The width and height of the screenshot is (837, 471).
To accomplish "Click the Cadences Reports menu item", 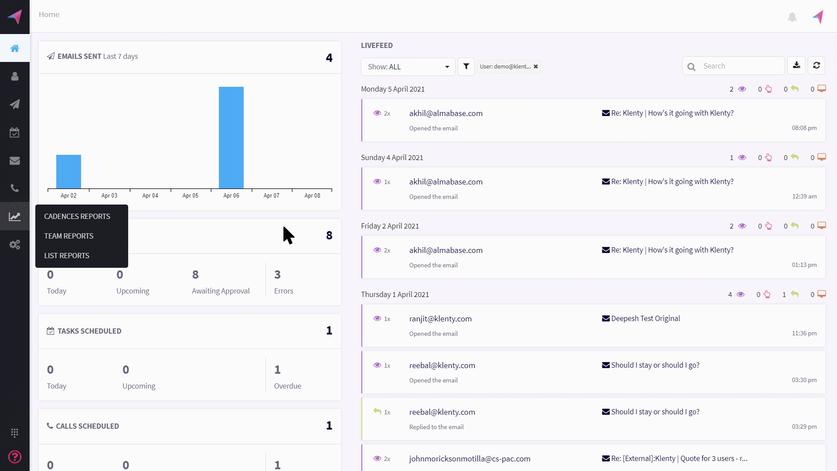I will coord(77,216).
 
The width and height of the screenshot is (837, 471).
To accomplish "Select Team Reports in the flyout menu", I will coord(69,236).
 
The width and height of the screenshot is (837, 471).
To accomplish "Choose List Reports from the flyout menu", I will coord(67,256).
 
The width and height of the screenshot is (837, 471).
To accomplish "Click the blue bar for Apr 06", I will coord(231,137).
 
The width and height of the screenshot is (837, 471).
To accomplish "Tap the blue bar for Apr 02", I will coord(68,171).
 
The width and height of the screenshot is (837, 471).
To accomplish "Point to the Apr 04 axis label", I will coord(150,195).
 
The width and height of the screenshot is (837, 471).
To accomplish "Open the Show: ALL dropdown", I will coord(408,67).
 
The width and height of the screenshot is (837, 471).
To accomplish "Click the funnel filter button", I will coord(466,67).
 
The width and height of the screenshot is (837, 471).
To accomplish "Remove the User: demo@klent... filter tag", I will coord(536,67).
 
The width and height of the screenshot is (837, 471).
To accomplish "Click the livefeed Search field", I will coord(741,66).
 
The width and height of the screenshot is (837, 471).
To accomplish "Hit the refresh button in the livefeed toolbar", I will coord(817,65).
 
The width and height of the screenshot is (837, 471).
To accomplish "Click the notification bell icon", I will coord(792,17).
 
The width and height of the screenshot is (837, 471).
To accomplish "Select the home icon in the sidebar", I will coord(15,48).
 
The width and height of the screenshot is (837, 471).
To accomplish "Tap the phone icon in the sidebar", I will coord(15,188).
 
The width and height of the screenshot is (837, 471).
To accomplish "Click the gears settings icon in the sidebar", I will coord(15,245).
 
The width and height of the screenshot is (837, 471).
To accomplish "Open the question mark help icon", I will coord(15,457).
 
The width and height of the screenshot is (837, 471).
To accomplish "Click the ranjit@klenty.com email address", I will coord(440,319).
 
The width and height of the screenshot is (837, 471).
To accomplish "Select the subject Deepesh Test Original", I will coord(645,318).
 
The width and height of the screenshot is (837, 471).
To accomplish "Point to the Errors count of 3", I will coord(277,275).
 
